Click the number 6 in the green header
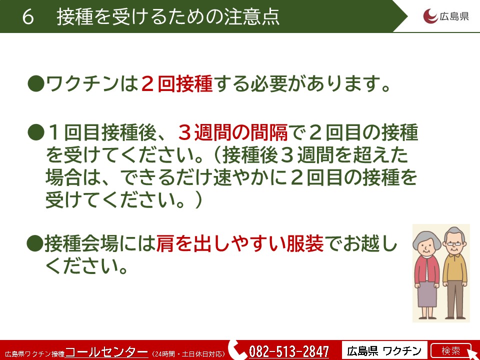28,16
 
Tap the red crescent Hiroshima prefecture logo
430,16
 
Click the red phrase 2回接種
176,83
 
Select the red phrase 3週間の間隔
233,132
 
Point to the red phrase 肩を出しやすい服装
239,243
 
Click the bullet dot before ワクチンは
36,84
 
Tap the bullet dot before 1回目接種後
36,132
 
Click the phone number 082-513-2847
289,351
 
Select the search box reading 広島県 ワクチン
384,350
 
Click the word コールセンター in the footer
106,351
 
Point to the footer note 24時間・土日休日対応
188,354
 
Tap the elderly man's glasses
454,244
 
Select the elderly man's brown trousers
455,298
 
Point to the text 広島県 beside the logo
454,16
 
